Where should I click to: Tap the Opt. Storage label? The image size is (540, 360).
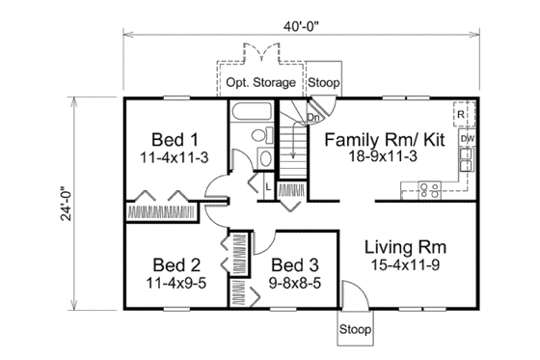coord(261,82)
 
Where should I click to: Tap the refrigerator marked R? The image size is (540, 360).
coord(463,114)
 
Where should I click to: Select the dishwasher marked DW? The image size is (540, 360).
coord(466,139)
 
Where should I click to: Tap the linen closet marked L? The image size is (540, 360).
coord(265,183)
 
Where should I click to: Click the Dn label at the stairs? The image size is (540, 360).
coord(312,119)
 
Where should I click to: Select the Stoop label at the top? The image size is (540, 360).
coord(322,82)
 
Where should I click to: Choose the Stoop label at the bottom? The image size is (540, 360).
coord(354,330)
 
